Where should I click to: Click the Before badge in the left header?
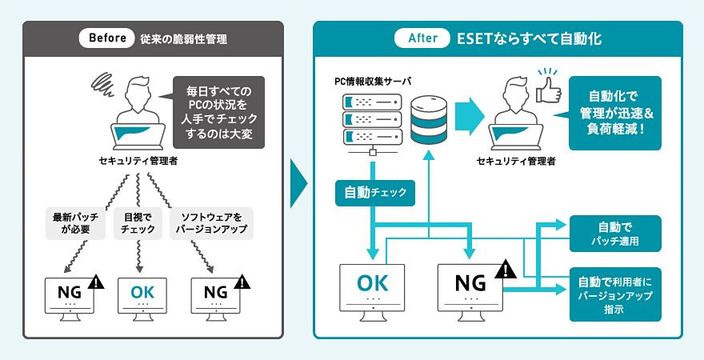pyautogui.click(x=106, y=38)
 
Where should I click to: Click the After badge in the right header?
pyautogui.click(x=422, y=38)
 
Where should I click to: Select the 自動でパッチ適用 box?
pyautogui.click(x=614, y=233)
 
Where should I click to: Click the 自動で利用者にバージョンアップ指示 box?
pyautogui.click(x=614, y=294)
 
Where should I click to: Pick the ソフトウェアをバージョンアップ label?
pyautogui.click(x=212, y=223)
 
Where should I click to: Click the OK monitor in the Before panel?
pyautogui.click(x=143, y=295)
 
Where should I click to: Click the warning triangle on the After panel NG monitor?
pyautogui.click(x=506, y=270)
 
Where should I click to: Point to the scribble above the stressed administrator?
pyautogui.click(x=103, y=82)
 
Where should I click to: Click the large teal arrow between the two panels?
pyautogui.click(x=298, y=181)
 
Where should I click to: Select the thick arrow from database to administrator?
pyautogui.click(x=472, y=117)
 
